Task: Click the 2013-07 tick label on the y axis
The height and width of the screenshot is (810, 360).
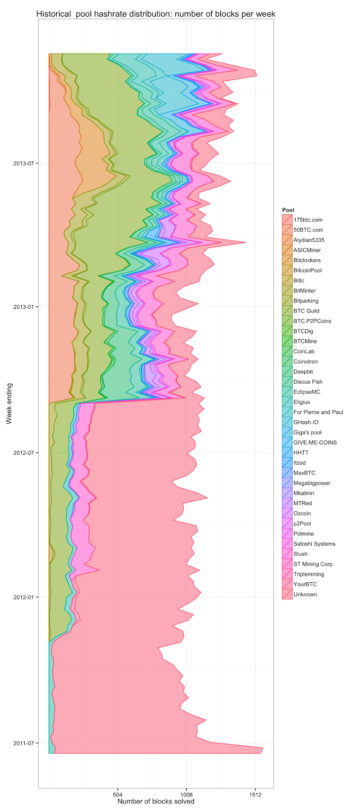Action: [24, 163]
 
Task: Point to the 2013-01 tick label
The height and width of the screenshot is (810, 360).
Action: [24, 307]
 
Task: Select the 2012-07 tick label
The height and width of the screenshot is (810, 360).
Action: [24, 452]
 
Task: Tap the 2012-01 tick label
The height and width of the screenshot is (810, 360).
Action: [24, 597]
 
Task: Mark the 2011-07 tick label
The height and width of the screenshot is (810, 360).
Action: [24, 743]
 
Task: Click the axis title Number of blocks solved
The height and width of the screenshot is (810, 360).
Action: [155, 801]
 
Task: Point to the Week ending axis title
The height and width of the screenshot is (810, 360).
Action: [9, 403]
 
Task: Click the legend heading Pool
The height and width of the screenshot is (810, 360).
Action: [288, 210]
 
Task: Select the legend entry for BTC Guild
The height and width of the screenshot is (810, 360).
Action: [306, 311]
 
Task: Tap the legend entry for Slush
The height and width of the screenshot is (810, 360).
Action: [300, 554]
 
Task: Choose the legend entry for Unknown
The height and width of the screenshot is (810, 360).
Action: [305, 594]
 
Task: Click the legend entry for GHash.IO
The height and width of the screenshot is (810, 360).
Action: [306, 422]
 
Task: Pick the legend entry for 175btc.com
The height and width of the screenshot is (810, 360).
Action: [307, 220]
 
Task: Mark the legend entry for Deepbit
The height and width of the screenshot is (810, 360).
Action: [304, 372]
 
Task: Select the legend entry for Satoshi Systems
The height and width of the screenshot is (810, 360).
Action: [314, 544]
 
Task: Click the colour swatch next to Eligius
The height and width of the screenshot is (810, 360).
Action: [287, 402]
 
